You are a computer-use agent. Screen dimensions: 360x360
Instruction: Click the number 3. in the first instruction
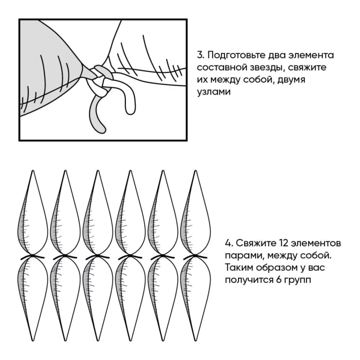201,55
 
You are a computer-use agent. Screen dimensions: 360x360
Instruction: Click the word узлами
214,92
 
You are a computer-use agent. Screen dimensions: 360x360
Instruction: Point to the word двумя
291,80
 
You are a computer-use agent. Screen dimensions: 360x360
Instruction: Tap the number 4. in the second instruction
229,243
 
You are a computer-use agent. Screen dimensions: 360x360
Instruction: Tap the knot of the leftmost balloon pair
33,255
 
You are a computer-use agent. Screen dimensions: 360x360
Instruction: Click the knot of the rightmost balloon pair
195,255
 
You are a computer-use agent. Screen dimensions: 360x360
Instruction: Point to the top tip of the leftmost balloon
33,171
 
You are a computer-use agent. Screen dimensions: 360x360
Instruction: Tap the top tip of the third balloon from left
98,171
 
